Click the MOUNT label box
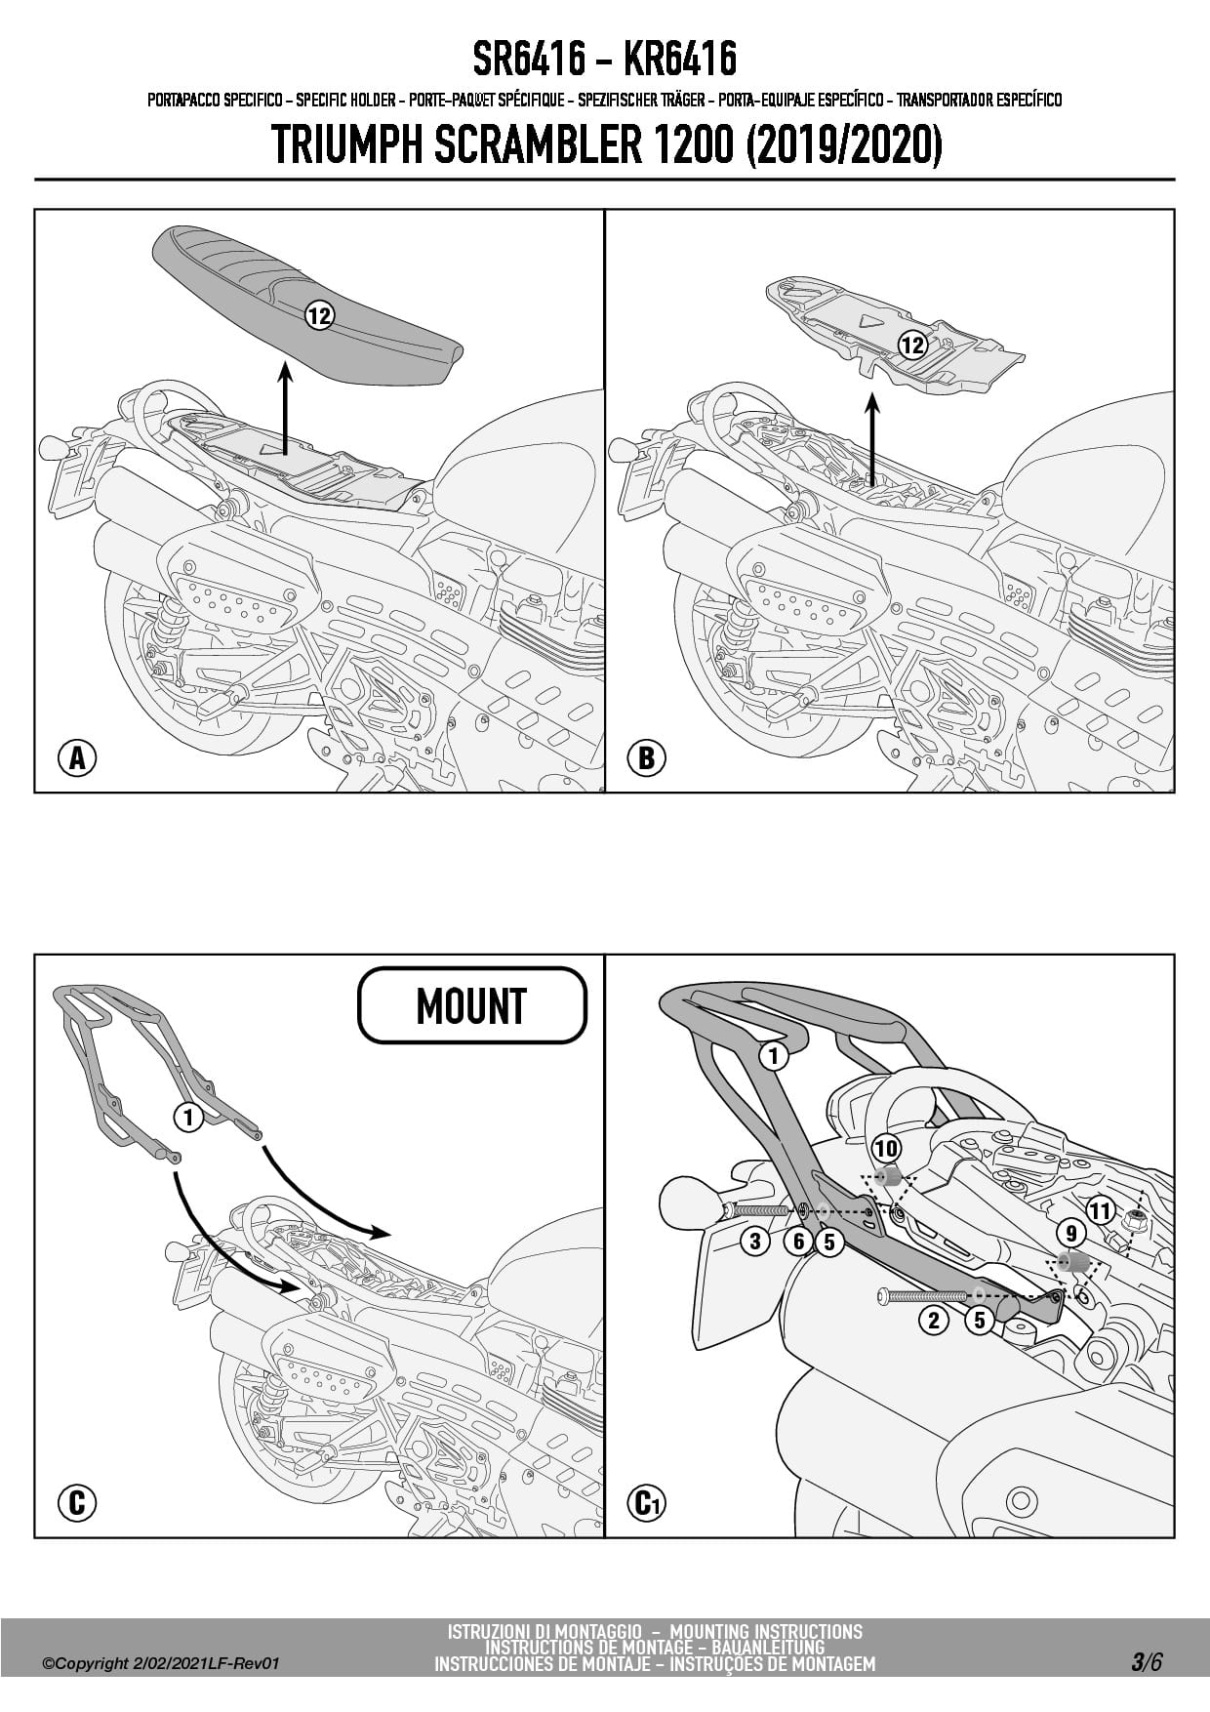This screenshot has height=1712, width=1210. click(472, 1005)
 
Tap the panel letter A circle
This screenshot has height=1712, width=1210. click(77, 757)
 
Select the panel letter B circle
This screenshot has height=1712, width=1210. click(647, 757)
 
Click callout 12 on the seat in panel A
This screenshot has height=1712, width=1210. click(319, 315)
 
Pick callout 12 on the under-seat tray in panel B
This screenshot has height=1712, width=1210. click(911, 345)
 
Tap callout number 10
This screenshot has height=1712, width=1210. click(886, 1148)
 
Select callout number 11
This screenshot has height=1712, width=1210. click(1100, 1211)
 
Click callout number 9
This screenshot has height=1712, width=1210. click(1070, 1233)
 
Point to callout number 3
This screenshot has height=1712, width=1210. click(755, 1242)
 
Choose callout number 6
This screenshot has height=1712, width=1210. click(799, 1242)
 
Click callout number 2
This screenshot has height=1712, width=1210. click(934, 1321)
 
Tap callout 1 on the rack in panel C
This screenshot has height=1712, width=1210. click(188, 1117)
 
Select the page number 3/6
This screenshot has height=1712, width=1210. click(1146, 1662)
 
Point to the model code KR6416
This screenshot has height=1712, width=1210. click(679, 60)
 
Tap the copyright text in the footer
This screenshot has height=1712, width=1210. click(161, 1663)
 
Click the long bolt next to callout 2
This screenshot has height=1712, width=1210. click(926, 1296)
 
